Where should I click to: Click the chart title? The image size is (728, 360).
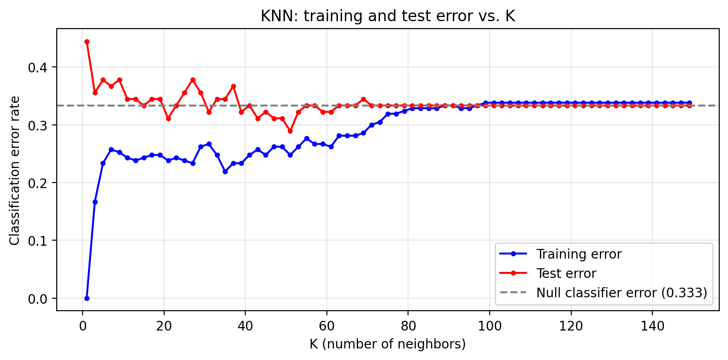[x=388, y=16]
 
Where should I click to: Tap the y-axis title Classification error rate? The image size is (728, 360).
[x=15, y=171]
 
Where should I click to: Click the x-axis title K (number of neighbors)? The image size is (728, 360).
[x=388, y=344]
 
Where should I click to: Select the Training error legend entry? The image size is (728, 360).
[x=579, y=254]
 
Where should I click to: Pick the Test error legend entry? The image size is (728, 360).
[x=566, y=273]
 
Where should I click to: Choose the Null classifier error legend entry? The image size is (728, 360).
[x=621, y=293]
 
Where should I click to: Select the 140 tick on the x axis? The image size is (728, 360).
[x=653, y=326]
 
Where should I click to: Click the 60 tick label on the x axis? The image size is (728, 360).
[x=327, y=326]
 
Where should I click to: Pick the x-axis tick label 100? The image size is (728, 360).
[x=490, y=326]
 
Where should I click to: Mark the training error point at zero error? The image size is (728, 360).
[x=87, y=298]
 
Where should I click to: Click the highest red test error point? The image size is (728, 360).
[x=87, y=41]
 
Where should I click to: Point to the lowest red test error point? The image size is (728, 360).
[x=290, y=131]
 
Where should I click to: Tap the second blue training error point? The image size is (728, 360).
[x=95, y=202]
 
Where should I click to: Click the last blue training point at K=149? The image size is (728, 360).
[x=690, y=103]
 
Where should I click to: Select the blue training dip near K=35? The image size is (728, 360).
[x=225, y=171]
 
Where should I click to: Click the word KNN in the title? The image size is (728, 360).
[x=275, y=16]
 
